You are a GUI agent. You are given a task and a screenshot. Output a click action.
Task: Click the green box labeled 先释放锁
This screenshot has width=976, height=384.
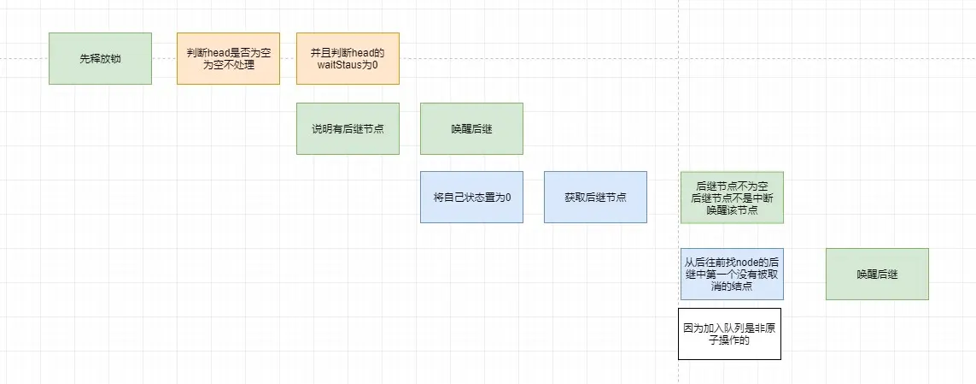[x=100, y=58]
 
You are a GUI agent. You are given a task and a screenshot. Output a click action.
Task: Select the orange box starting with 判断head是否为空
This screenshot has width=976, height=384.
[x=228, y=58]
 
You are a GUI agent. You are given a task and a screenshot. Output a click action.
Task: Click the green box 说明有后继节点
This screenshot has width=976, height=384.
[x=348, y=128]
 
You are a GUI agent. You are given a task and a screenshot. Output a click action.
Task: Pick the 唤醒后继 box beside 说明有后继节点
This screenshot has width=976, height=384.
[x=471, y=128]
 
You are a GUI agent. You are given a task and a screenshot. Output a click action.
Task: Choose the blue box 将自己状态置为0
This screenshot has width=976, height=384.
[x=471, y=197]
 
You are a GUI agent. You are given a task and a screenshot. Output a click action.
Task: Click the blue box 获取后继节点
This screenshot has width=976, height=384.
[x=595, y=197]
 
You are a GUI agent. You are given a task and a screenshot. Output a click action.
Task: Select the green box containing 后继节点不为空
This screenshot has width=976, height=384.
[x=732, y=197]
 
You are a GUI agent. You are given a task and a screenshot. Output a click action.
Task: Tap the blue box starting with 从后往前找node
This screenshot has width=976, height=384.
[x=732, y=274]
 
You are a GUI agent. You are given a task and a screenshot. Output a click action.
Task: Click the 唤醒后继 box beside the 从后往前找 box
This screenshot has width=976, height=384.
[x=877, y=274]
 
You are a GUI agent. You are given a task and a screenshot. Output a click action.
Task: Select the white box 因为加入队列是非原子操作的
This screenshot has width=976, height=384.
[x=729, y=334]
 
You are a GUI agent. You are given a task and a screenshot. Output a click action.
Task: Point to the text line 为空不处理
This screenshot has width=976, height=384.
[x=228, y=65]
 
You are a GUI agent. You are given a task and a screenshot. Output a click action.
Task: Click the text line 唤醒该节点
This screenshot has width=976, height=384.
[x=732, y=210]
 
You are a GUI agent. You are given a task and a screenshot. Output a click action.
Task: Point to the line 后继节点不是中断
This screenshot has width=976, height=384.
[x=732, y=198]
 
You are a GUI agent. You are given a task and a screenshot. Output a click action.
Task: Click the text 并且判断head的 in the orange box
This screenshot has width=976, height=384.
[x=348, y=52]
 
